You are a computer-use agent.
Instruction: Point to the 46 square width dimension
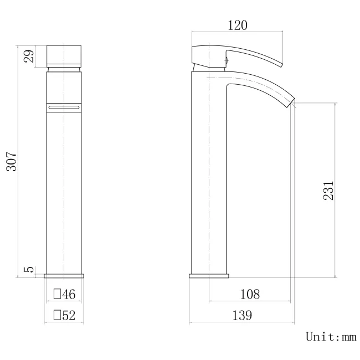tap(68, 294)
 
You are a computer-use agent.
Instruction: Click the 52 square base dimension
tap(68, 316)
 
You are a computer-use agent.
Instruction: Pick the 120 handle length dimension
tap(237, 25)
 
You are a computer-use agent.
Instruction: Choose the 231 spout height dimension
tap(328, 190)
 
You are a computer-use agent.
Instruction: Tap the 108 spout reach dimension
tap(250, 294)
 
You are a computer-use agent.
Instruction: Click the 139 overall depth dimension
tap(241, 316)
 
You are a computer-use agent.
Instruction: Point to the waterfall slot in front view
tap(64, 106)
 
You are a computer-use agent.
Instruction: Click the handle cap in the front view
tap(64, 55)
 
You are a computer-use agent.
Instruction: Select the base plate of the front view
tap(64, 275)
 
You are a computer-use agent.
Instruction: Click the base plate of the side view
tap(209, 275)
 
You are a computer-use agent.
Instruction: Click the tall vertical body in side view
tap(209, 177)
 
